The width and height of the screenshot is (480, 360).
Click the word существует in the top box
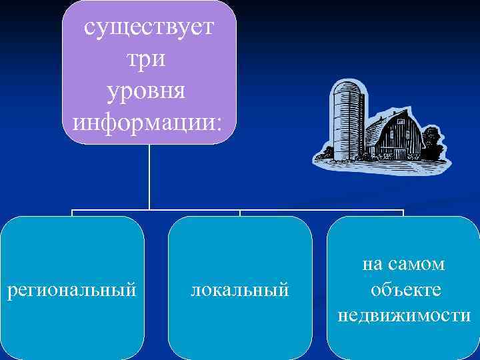(x=149, y=29)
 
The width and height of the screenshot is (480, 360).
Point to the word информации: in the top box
(x=149, y=121)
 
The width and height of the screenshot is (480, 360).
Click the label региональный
(x=72, y=290)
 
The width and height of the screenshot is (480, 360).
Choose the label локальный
(x=240, y=290)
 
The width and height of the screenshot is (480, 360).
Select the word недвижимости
(x=404, y=315)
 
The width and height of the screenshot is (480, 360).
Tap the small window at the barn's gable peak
(x=401, y=122)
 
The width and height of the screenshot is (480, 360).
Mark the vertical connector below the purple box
(x=149, y=177)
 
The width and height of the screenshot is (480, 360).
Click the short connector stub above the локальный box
(x=240, y=213)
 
